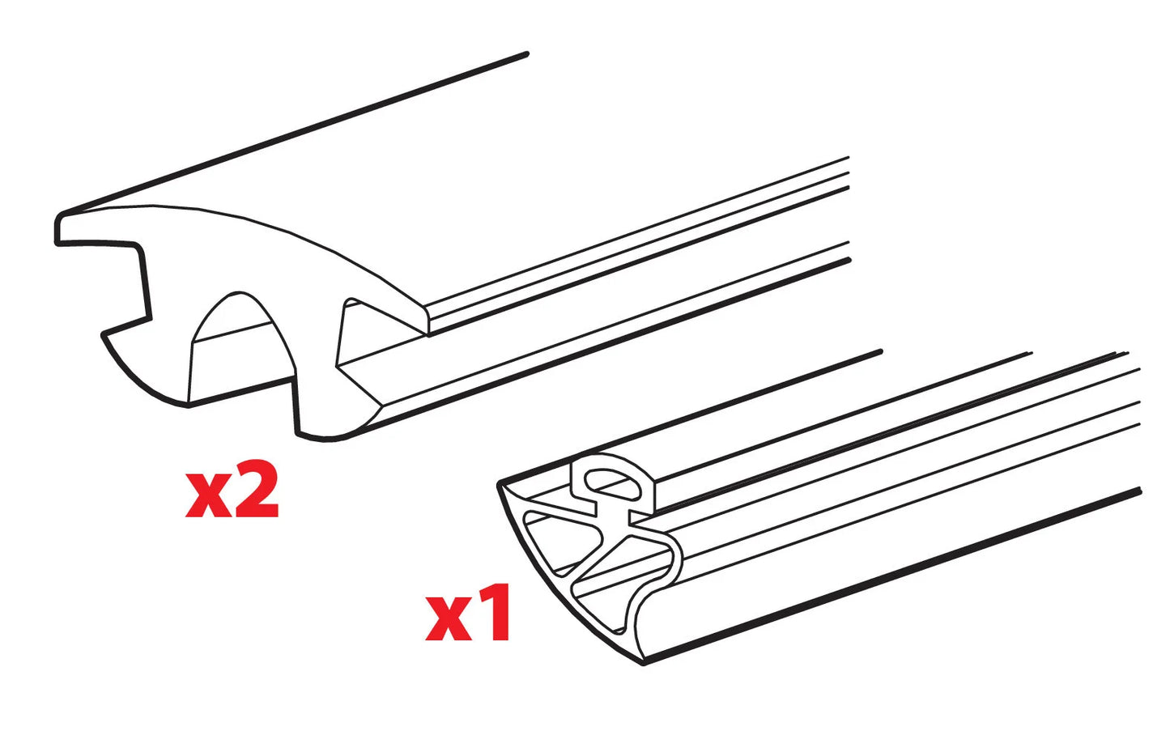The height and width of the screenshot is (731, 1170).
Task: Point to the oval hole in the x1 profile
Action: tap(612, 483)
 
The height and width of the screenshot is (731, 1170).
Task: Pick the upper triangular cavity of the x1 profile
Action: tap(559, 543)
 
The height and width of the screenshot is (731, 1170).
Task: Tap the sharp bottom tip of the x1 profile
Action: tap(644, 664)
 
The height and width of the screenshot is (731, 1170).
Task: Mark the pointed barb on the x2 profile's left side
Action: tap(103, 334)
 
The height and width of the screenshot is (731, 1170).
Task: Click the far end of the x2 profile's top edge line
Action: tap(526, 53)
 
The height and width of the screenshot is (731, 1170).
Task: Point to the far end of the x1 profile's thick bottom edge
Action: tap(1140, 491)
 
